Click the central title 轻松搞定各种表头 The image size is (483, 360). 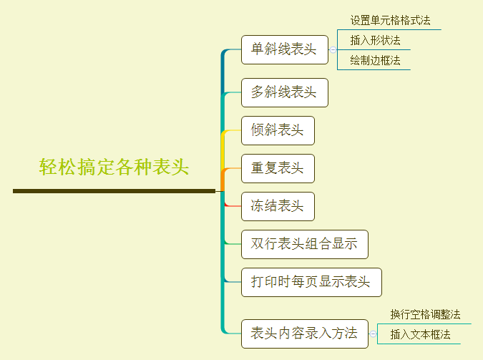coord(114,167)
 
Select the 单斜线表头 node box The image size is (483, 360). coord(284,50)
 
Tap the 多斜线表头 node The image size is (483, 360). coord(284,93)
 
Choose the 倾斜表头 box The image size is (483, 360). coord(278,130)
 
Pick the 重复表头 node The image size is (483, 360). coord(278,169)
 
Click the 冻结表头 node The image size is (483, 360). coord(278,207)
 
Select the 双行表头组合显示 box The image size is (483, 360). coord(304,244)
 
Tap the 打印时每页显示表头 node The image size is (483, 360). coord(311,282)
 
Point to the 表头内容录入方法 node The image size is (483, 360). coord(304,334)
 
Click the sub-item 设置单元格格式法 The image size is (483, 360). coord(390,21)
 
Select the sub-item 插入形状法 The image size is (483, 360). coord(375,40)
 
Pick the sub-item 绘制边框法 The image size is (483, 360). coord(375,60)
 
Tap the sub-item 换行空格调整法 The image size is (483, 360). coord(425,315)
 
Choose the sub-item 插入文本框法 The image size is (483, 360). coord(420,334)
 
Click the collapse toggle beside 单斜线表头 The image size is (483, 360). coord(333,50)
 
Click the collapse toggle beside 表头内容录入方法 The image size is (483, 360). coord(373,334)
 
